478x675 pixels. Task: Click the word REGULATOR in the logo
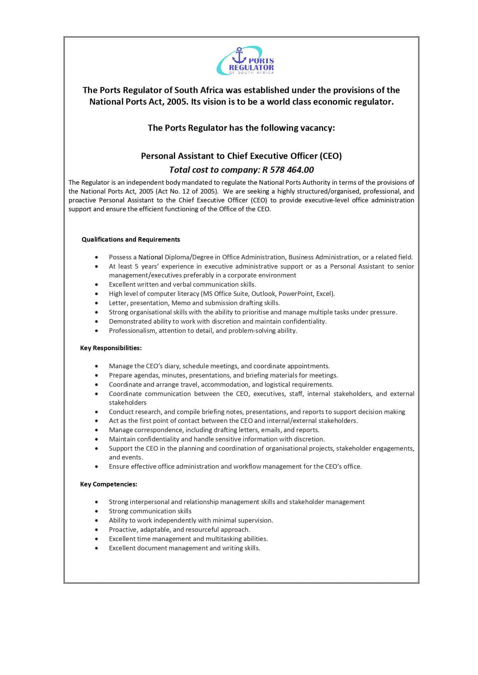click(x=251, y=68)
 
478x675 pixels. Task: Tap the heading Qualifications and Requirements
click(x=131, y=239)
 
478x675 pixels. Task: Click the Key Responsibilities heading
click(x=111, y=348)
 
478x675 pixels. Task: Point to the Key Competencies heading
click(x=109, y=484)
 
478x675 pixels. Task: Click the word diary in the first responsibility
click(x=171, y=366)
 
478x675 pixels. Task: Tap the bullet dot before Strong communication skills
click(x=96, y=511)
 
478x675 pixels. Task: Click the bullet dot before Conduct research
click(x=96, y=412)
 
